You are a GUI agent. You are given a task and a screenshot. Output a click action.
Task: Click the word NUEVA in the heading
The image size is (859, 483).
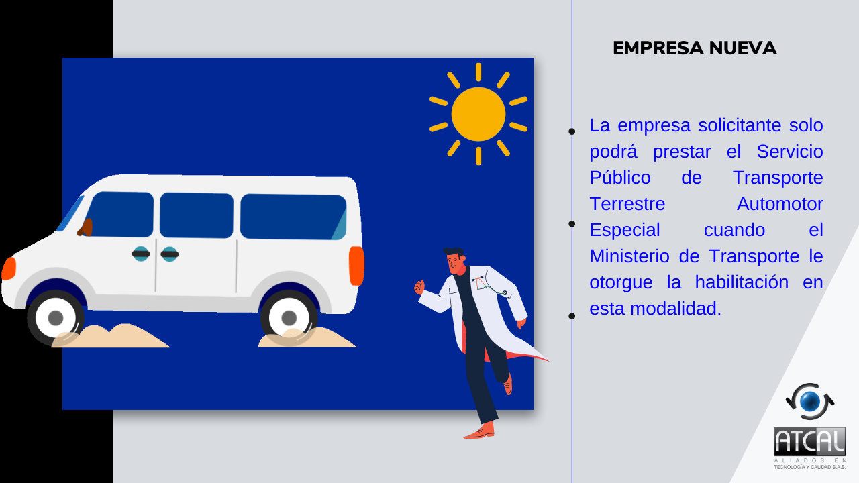tap(743, 48)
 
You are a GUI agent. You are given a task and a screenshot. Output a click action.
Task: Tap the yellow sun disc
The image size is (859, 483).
tap(478, 114)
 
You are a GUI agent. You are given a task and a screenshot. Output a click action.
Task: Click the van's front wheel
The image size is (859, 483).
tap(56, 318)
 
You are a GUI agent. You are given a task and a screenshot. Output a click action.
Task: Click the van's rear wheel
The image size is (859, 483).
tap(289, 318)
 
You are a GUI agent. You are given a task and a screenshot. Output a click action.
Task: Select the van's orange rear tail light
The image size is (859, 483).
tap(356, 266)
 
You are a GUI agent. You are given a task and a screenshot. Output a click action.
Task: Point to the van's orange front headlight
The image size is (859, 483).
tap(9, 268)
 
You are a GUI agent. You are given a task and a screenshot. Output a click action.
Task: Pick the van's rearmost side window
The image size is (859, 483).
tap(293, 217)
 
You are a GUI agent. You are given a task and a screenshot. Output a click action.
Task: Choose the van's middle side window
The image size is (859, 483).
tap(197, 215)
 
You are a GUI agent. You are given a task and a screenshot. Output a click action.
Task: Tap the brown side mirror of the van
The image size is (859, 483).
tap(86, 227)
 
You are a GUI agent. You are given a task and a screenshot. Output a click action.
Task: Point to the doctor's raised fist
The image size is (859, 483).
tap(419, 286)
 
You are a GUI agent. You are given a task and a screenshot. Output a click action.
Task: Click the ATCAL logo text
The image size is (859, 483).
tap(809, 441)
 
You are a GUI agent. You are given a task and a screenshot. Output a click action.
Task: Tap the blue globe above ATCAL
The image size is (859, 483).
tap(810, 402)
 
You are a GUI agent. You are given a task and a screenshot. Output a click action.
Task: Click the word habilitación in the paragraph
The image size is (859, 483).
tap(742, 282)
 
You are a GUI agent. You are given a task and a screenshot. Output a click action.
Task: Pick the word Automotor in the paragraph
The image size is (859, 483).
tap(780, 204)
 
